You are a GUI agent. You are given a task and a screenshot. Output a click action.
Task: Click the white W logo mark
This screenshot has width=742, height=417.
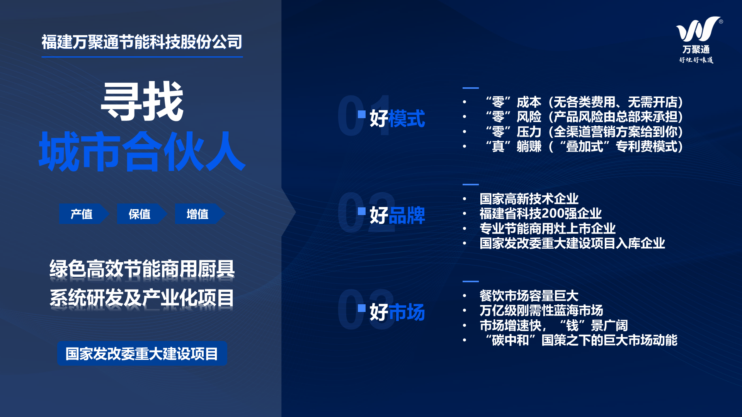click(698, 29)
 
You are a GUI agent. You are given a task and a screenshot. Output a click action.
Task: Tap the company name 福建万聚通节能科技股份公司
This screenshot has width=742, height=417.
click(142, 42)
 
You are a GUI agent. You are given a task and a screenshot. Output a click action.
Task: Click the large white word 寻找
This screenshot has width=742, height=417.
click(142, 102)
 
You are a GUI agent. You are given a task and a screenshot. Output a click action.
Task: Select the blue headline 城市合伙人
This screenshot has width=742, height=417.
click(142, 151)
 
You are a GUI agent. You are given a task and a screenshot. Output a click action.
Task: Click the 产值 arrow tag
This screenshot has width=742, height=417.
click(84, 214)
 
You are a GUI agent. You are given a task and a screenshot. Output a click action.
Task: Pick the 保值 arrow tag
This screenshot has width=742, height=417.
click(142, 214)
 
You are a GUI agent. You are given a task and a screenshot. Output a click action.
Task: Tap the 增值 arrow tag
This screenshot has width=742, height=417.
click(200, 214)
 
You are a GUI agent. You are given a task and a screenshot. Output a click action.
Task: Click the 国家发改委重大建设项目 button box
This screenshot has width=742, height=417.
click(142, 354)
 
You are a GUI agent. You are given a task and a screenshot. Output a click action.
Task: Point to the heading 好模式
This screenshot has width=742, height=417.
click(397, 119)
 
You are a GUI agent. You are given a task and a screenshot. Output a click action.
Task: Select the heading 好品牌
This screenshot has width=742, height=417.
click(397, 215)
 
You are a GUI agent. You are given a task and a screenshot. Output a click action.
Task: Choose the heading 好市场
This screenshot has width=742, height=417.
click(397, 312)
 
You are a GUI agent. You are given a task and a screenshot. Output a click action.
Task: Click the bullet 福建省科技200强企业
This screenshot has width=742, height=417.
click(541, 214)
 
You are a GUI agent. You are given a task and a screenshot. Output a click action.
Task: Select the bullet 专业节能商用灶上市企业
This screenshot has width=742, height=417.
click(548, 229)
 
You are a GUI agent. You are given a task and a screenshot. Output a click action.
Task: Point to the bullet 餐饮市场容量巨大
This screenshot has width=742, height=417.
click(529, 296)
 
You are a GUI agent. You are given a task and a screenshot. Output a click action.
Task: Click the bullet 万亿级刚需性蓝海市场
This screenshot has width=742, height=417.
click(541, 310)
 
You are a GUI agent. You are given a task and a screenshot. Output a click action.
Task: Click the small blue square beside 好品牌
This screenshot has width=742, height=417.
click(362, 211)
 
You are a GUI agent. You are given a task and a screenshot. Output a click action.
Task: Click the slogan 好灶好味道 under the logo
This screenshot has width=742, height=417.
click(696, 60)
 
